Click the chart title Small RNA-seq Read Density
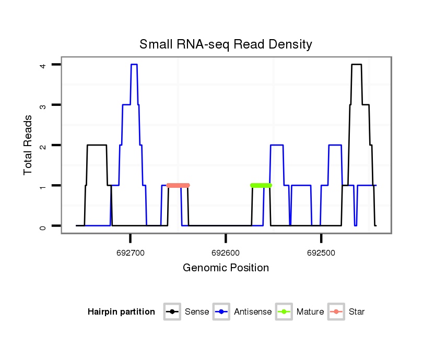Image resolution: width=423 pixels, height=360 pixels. click(226, 44)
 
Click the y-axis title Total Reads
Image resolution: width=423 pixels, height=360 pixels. click(28, 145)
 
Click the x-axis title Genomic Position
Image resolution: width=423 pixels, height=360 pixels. click(226, 268)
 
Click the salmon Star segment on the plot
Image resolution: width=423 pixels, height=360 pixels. click(178, 185)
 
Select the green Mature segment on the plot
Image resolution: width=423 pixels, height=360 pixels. click(261, 185)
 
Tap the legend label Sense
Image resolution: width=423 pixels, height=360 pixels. click(196, 312)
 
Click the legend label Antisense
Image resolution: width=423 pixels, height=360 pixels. click(253, 312)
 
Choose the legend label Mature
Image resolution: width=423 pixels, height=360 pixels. click(310, 312)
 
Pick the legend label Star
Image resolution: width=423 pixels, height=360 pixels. click(356, 312)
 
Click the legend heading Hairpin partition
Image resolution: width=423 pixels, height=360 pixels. click(121, 312)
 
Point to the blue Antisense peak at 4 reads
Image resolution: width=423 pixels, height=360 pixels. click(134, 65)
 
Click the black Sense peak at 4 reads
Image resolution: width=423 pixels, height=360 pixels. click(357, 65)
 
